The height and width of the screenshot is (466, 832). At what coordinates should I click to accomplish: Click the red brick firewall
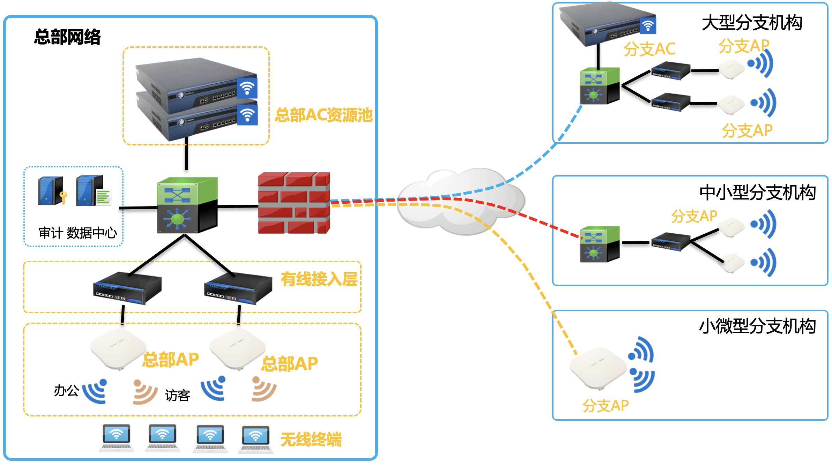point(294,203)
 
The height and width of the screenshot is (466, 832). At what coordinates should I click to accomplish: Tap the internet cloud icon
point(461,202)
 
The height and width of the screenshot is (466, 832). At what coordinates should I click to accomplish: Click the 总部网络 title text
point(67,37)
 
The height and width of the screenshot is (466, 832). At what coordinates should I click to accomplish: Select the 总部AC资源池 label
point(324,115)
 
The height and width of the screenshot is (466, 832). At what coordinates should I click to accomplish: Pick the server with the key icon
point(52,191)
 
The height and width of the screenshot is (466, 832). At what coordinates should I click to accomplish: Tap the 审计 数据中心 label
point(77,233)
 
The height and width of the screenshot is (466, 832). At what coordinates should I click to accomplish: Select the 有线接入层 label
point(319,279)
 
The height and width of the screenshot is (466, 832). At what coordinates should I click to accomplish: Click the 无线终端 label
point(311,439)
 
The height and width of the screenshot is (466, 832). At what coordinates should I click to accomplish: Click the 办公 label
point(66,391)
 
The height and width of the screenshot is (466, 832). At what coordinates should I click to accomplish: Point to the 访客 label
point(177,396)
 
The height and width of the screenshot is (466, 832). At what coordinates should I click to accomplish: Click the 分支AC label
point(649,49)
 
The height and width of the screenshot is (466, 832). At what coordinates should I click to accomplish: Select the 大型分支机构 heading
point(752,23)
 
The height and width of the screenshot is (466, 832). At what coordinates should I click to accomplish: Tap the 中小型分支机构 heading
point(757,193)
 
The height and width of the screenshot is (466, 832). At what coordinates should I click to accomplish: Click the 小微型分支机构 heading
point(757,326)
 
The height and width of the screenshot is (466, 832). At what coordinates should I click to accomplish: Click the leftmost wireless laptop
point(116,438)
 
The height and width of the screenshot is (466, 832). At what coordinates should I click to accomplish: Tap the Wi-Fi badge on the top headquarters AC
point(247,88)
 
